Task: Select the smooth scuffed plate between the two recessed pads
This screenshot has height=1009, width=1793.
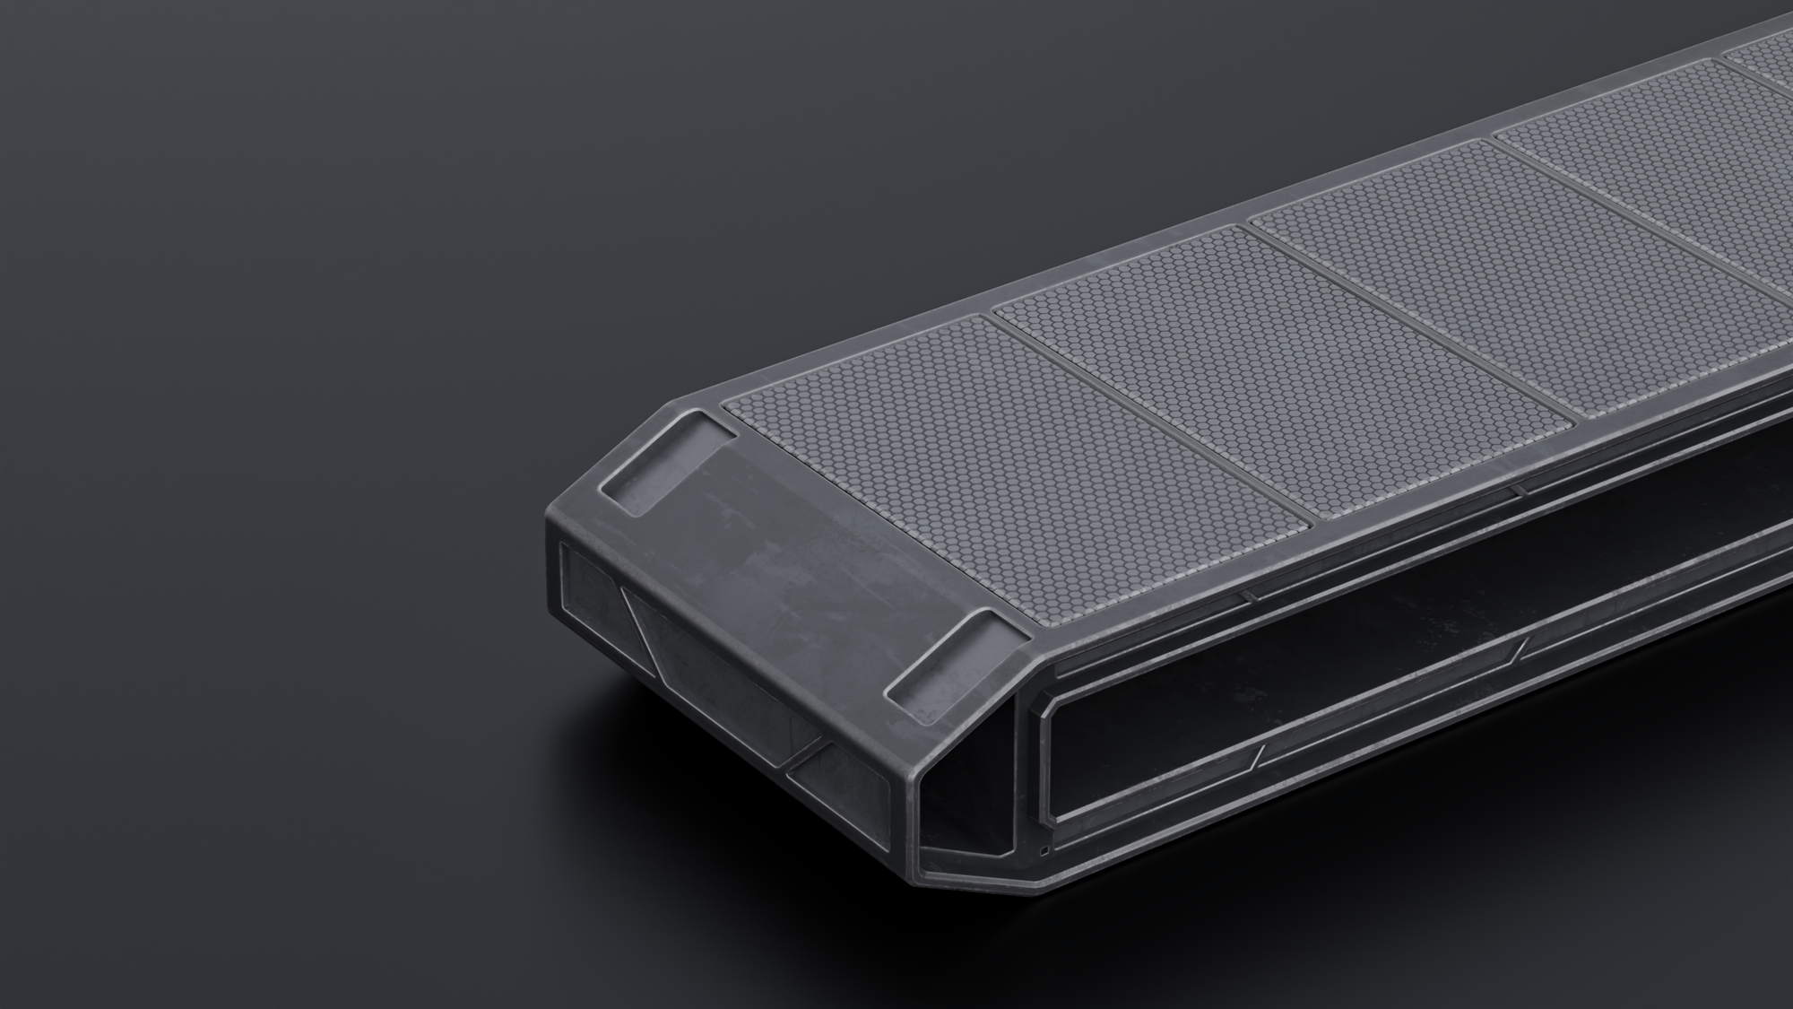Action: point(807,547)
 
